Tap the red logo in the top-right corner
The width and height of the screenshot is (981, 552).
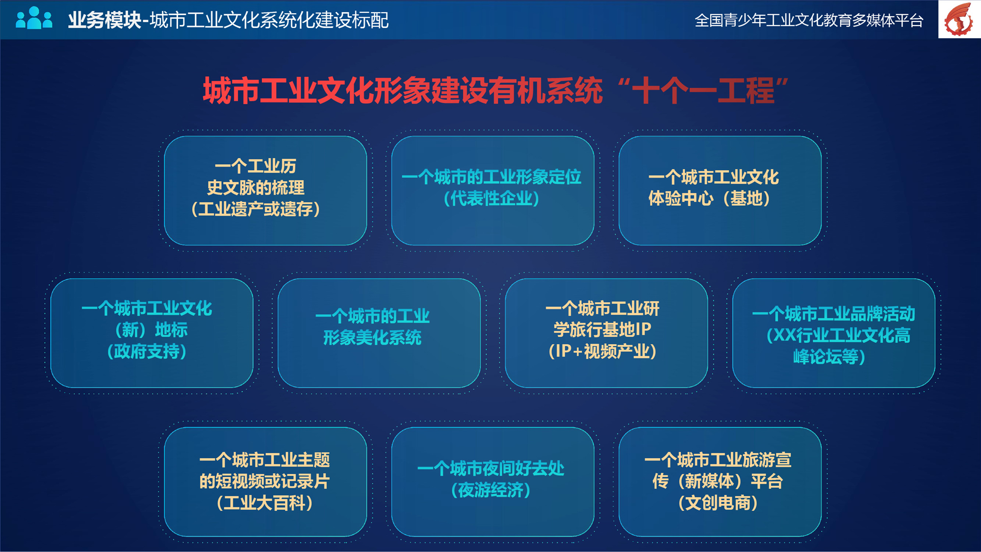pyautogui.click(x=959, y=19)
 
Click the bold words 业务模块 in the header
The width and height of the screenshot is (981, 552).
pyautogui.click(x=104, y=20)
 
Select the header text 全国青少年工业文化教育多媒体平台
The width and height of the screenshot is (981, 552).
pyautogui.click(x=809, y=20)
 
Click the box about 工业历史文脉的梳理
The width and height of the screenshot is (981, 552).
pyautogui.click(x=265, y=191)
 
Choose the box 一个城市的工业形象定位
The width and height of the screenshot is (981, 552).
pyautogui.click(x=492, y=191)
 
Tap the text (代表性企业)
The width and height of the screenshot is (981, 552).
pyautogui.click(x=491, y=199)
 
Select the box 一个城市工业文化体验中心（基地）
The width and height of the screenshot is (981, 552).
pyautogui.click(x=720, y=191)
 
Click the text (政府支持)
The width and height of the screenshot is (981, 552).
pyautogui.click(x=147, y=351)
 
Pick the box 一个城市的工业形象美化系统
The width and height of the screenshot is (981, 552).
pyautogui.click(x=379, y=333)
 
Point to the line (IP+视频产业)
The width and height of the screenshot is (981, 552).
pyautogui.click(x=602, y=351)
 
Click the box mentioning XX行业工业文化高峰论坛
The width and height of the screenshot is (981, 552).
pyautogui.click(x=834, y=333)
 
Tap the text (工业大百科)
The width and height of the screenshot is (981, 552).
pyautogui.click(x=265, y=503)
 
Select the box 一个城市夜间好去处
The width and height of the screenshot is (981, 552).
pyautogui.click(x=492, y=482)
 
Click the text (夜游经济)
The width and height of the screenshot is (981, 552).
pyautogui.click(x=491, y=490)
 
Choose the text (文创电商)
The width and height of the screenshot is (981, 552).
pyautogui.click(x=718, y=503)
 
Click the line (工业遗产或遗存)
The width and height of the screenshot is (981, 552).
pyautogui.click(x=256, y=209)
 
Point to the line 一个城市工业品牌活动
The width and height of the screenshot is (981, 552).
pyautogui.click(x=834, y=314)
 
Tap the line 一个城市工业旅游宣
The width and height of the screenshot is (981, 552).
pyautogui.click(x=718, y=460)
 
